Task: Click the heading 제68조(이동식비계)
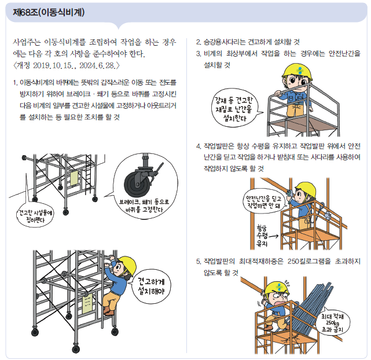[x=49, y=13]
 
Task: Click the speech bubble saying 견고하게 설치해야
[x=153, y=286]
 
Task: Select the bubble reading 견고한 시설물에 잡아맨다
[x=35, y=215]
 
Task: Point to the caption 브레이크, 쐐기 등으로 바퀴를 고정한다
[x=144, y=205]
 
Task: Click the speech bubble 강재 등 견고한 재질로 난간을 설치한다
[x=234, y=108]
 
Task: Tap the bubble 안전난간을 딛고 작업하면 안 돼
[x=264, y=201]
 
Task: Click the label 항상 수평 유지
[x=262, y=236]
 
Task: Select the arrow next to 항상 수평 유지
[x=273, y=236]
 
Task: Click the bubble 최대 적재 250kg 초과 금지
[x=333, y=322]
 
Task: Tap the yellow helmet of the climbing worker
[x=127, y=265]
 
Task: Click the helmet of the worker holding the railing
[x=297, y=71]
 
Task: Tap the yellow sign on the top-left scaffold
[x=74, y=178]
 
